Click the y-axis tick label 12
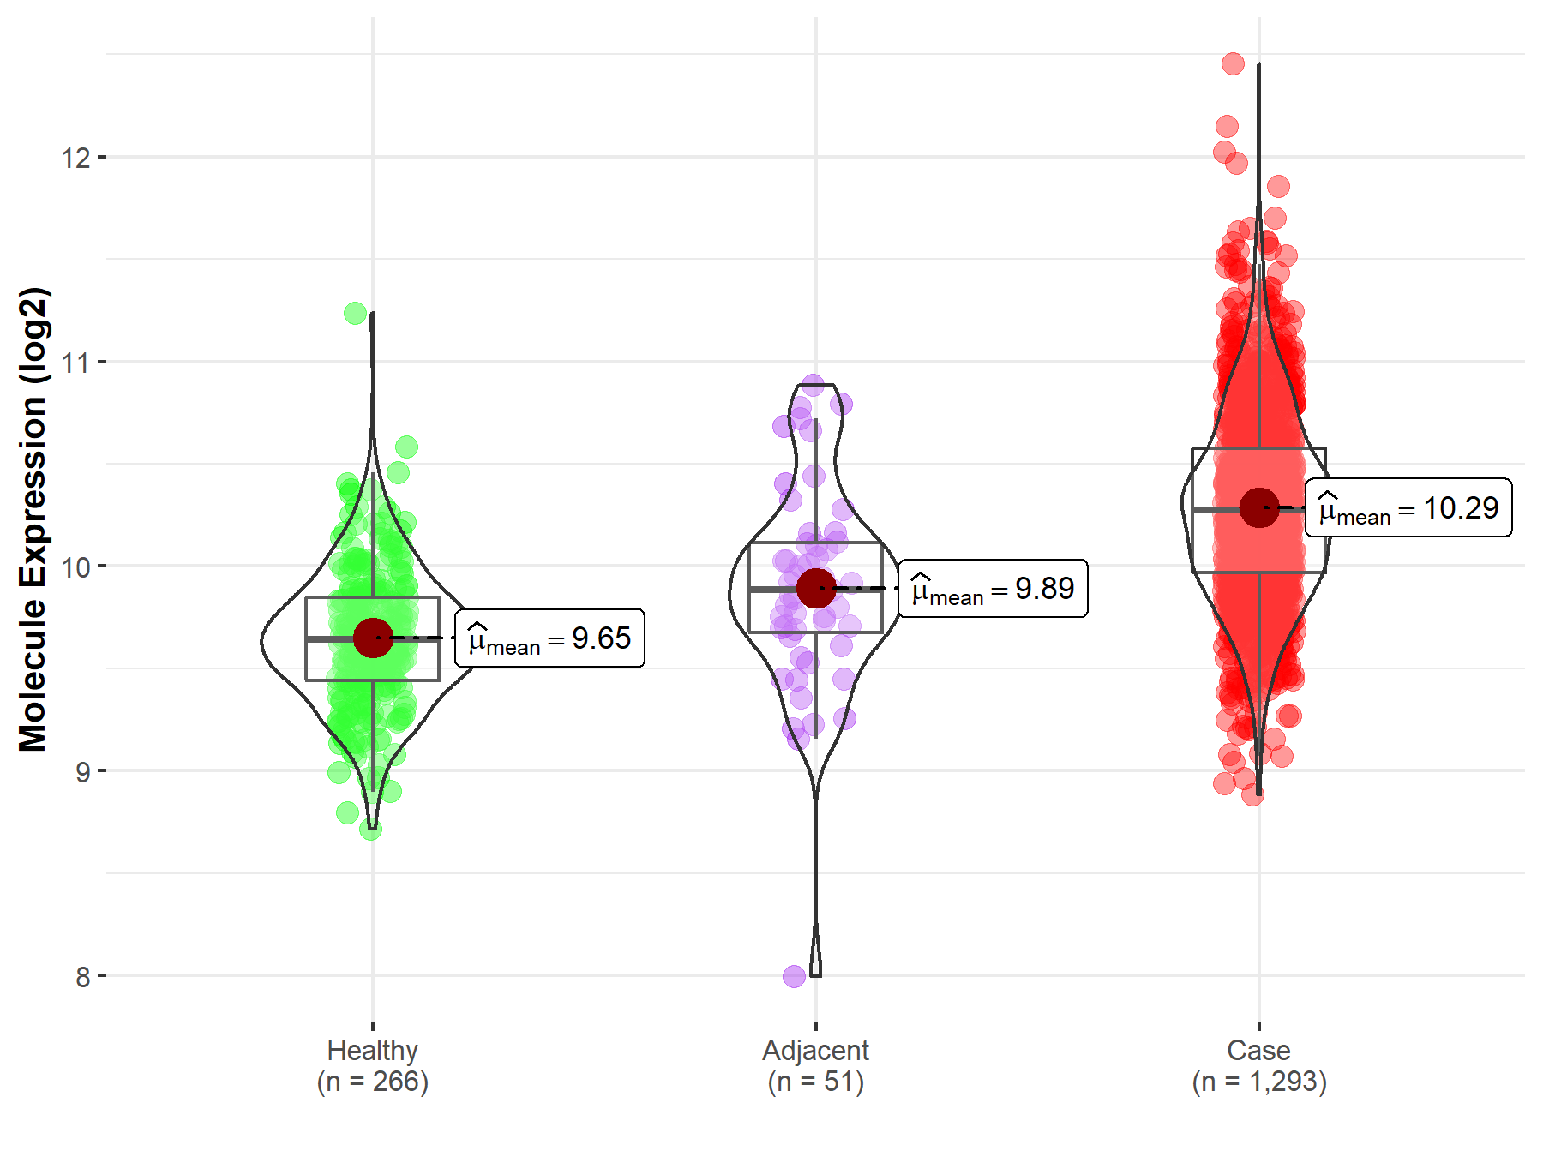click(75, 158)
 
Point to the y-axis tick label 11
click(75, 363)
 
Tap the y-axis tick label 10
click(75, 567)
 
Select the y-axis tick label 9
click(82, 771)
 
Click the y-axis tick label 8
click(82, 976)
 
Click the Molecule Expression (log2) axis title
click(33, 519)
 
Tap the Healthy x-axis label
click(372, 1050)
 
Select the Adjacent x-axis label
click(815, 1050)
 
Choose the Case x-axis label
click(1258, 1050)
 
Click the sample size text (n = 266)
click(372, 1082)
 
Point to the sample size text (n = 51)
click(815, 1082)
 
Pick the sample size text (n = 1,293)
click(1258, 1082)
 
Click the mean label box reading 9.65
click(549, 638)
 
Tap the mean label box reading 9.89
click(993, 589)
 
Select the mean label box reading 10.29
click(1408, 508)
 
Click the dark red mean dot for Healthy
click(373, 638)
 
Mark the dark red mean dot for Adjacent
click(816, 588)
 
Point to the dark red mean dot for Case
click(1259, 507)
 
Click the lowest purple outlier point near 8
click(795, 976)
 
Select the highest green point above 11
click(355, 314)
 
